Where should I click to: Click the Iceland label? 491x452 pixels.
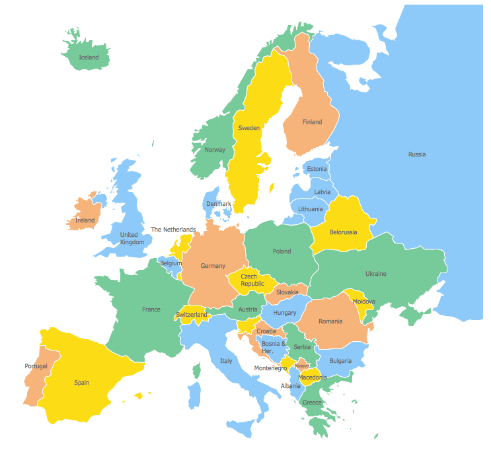pyautogui.click(x=89, y=57)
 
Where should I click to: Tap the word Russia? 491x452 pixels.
pyautogui.click(x=416, y=154)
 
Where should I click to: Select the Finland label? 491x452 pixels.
pyautogui.click(x=312, y=122)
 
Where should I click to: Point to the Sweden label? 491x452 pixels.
pyautogui.click(x=248, y=128)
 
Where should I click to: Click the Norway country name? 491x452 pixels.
pyautogui.click(x=215, y=150)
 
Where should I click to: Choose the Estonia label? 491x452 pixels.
pyautogui.click(x=317, y=169)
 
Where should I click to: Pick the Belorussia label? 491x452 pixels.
pyautogui.click(x=343, y=232)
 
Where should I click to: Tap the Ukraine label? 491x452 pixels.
pyautogui.click(x=375, y=274)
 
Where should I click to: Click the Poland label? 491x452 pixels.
pyautogui.click(x=282, y=251)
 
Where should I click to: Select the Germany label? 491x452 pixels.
pyautogui.click(x=213, y=266)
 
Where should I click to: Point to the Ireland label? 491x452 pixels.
pyautogui.click(x=85, y=220)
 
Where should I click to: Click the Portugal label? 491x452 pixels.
pyautogui.click(x=36, y=366)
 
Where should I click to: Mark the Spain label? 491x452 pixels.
pyautogui.click(x=81, y=383)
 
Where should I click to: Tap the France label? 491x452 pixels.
pyautogui.click(x=151, y=309)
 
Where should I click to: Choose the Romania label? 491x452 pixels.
pyautogui.click(x=330, y=321)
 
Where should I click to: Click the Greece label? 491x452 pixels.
pyautogui.click(x=312, y=403)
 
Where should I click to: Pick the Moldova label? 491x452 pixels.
pyautogui.click(x=363, y=302)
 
